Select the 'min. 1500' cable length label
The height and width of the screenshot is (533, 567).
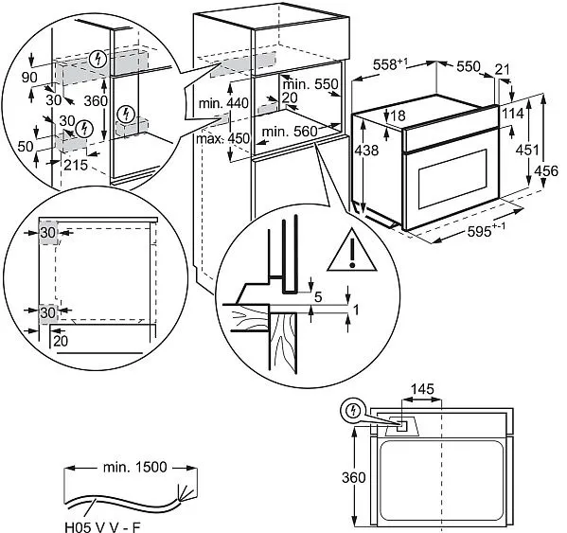(130, 468)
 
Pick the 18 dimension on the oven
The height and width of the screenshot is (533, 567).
(397, 115)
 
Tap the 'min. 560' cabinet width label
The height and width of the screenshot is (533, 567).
(289, 131)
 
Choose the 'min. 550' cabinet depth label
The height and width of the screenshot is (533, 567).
(312, 83)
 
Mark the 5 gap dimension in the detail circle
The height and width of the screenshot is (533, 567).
(318, 297)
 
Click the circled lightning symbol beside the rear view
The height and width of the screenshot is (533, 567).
(353, 410)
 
